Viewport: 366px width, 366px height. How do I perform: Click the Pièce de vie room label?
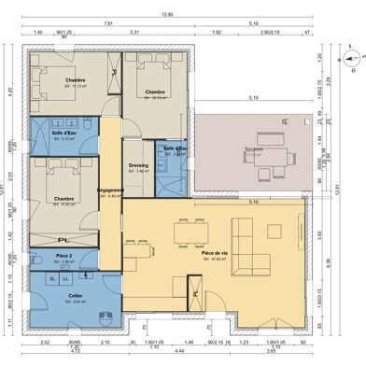point(215,253)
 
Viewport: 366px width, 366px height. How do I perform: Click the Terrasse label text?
point(255,148)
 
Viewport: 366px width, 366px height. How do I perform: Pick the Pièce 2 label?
point(63,255)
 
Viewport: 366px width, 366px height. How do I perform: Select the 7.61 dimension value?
point(109,23)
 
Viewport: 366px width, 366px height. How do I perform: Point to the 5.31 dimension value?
point(135,32)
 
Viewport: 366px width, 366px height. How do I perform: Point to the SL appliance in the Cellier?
point(51,278)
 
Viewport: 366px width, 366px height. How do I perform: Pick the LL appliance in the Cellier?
point(66,278)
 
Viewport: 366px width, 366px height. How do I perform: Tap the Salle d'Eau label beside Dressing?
point(176,148)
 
